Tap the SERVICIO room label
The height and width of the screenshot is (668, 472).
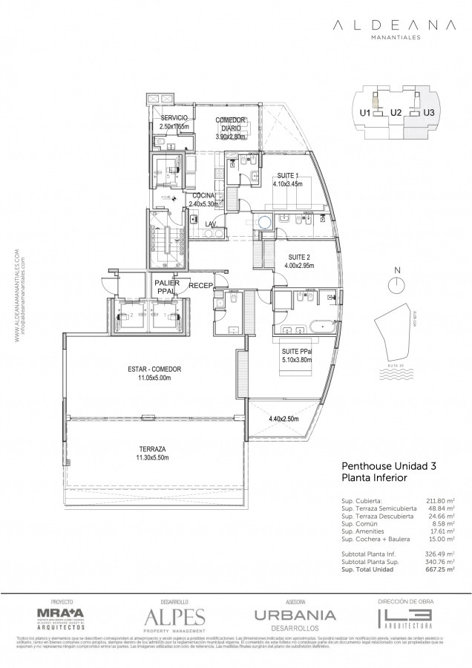[x=173, y=119]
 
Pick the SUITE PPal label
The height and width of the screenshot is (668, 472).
[x=296, y=351]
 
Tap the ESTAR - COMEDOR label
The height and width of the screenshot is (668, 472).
[x=154, y=369]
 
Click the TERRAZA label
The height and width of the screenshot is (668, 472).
[x=151, y=450]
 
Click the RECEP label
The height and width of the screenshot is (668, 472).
[x=201, y=285]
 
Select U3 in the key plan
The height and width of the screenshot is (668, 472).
[x=428, y=113]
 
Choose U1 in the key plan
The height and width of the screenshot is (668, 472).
[x=364, y=113]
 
